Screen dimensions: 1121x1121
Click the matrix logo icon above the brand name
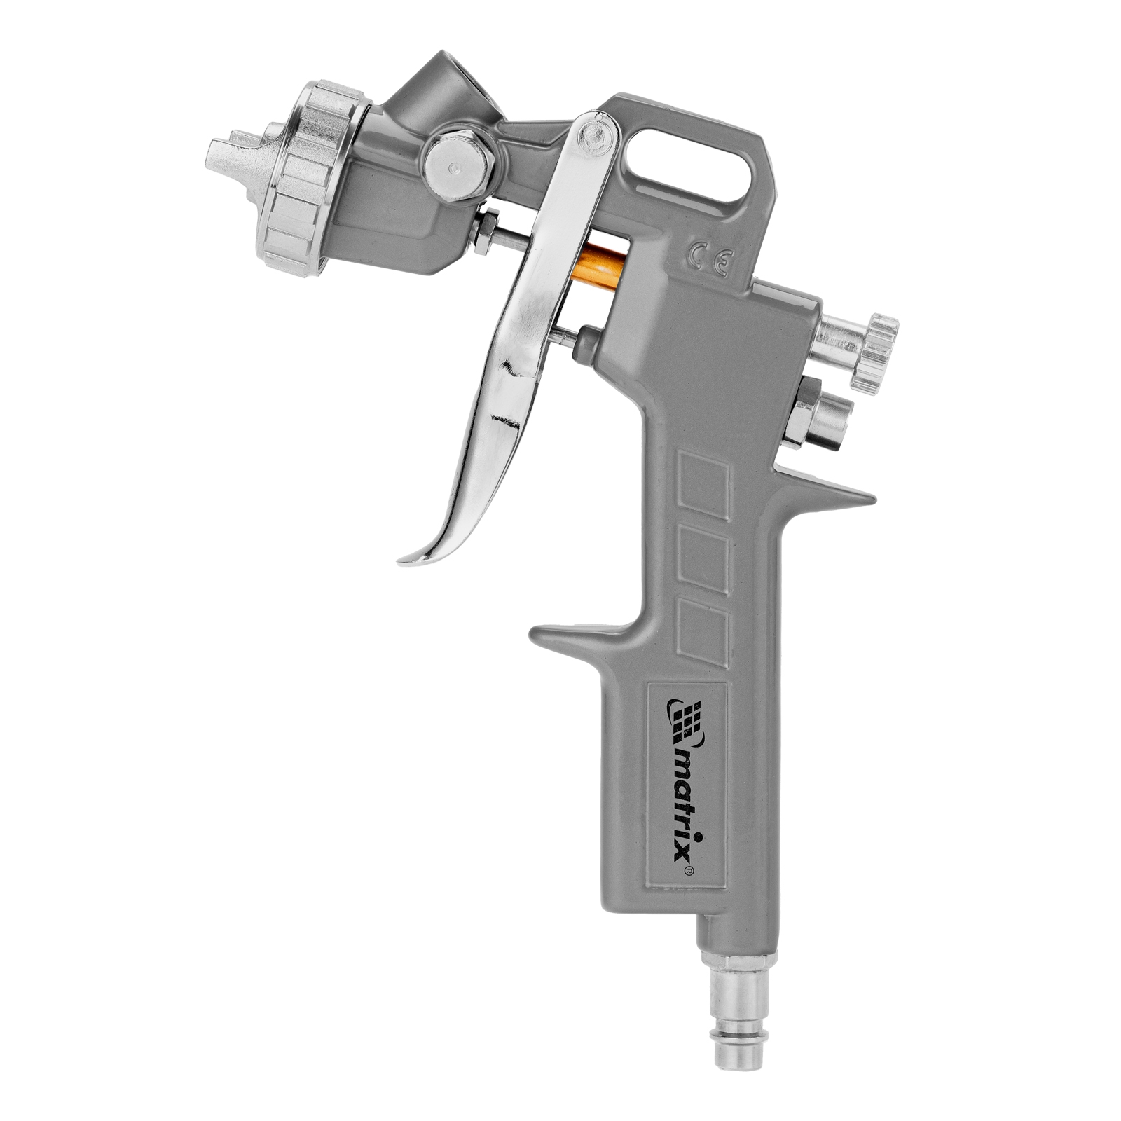tap(684, 719)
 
